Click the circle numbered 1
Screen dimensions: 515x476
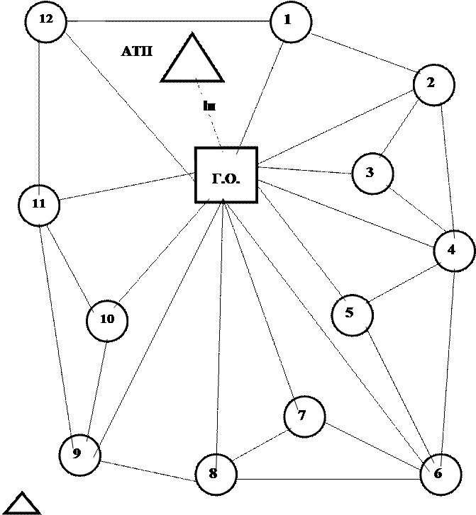point(291,22)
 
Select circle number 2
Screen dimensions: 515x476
point(433,85)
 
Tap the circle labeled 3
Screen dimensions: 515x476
point(372,173)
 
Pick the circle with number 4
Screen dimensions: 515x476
point(454,251)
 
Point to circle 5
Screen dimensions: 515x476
point(353,315)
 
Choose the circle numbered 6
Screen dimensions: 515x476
point(441,474)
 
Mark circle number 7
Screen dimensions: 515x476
point(304,417)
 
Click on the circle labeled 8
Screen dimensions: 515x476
point(216,474)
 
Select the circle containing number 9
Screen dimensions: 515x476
point(79,455)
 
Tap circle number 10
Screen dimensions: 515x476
point(107,320)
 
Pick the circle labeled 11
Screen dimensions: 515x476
point(39,205)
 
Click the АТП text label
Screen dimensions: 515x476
point(138,51)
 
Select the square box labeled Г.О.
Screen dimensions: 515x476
point(226,176)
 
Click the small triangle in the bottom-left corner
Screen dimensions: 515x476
point(22,504)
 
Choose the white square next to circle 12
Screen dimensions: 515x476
point(92,33)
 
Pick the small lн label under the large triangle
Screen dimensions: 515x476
point(209,106)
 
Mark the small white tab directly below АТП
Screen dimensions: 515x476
point(123,71)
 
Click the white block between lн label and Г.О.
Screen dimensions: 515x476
point(194,135)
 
